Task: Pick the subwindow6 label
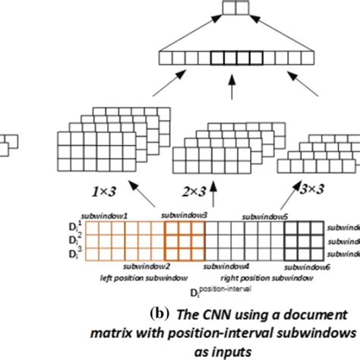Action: [304, 268]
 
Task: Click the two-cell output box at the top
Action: [234, 9]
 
